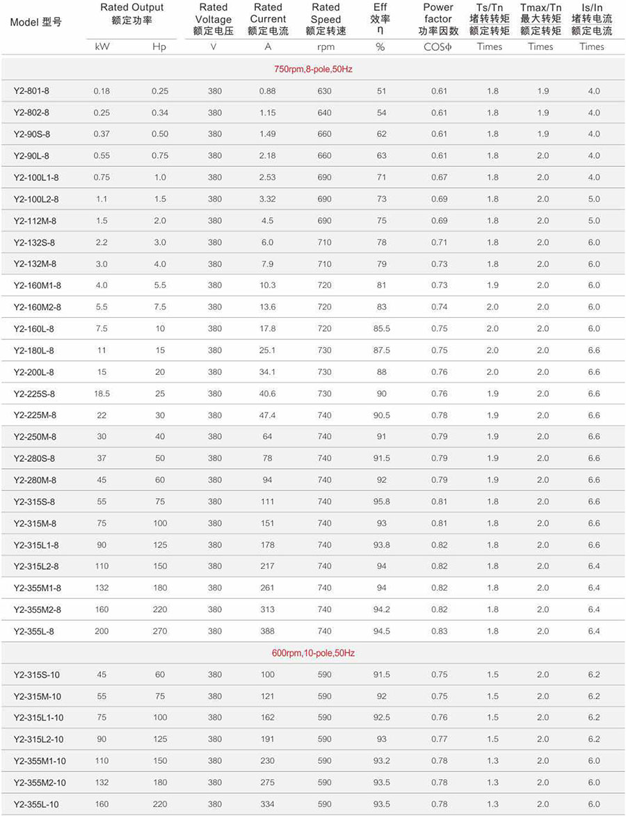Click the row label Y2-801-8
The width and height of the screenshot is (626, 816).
tap(31, 91)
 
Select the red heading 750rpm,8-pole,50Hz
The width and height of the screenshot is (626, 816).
tap(313, 70)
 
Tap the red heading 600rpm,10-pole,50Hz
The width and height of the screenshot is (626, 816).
tap(313, 653)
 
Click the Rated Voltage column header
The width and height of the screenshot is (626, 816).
tap(214, 19)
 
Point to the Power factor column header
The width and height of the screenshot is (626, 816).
tap(438, 19)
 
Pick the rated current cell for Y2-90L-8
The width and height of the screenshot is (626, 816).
tap(267, 156)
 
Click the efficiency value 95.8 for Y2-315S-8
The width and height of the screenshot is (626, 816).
tap(381, 502)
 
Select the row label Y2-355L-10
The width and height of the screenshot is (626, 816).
tap(36, 804)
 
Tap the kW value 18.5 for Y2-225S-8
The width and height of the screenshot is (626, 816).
tap(102, 394)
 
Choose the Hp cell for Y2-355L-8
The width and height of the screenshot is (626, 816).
tap(160, 631)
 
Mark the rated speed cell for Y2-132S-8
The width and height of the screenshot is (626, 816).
tap(324, 242)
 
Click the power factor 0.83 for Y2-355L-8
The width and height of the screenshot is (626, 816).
tap(439, 631)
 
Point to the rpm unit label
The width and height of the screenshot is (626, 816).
tap(325, 47)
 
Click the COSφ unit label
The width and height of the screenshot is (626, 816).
tap(438, 47)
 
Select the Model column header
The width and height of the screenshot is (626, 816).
tap(35, 22)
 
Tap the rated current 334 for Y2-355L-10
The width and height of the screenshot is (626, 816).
tap(267, 804)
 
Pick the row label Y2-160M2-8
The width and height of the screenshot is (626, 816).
tap(37, 307)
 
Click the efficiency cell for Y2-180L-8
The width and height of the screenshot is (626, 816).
tap(381, 351)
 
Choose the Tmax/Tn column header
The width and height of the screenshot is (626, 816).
tap(540, 19)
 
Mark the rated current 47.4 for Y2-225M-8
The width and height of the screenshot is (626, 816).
tap(267, 415)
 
